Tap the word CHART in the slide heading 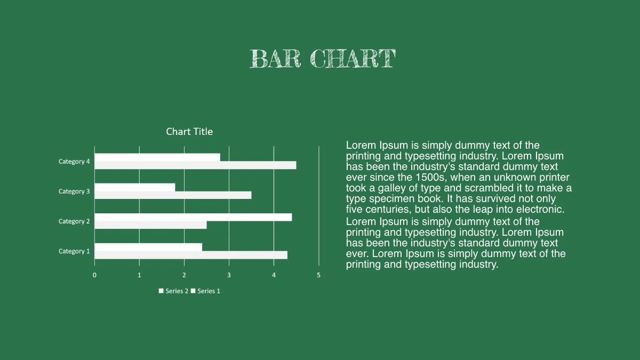(x=353, y=59)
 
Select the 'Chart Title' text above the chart (x=189, y=132)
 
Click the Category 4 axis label (x=74, y=162)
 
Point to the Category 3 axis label (x=74, y=191)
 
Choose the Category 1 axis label (x=74, y=251)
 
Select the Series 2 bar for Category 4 (x=157, y=157)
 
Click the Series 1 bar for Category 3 (x=173, y=195)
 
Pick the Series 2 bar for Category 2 (x=193, y=217)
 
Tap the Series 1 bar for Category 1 (x=191, y=255)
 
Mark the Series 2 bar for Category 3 (x=135, y=187)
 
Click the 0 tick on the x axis (x=95, y=275)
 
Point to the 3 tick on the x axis (x=229, y=275)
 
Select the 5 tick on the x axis (x=318, y=275)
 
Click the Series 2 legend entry (x=173, y=291)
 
